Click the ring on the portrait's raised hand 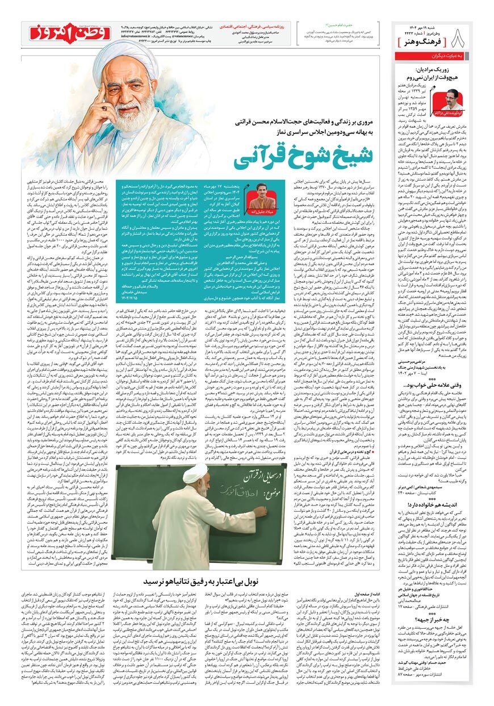tap(104, 106)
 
